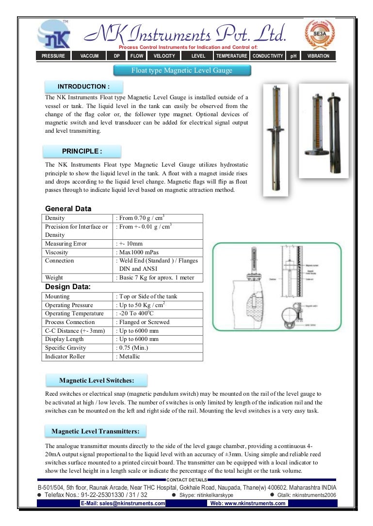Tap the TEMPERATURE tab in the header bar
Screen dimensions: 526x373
[231, 56]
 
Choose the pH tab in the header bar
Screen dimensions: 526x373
[293, 56]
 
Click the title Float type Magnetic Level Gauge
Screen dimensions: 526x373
[182, 71]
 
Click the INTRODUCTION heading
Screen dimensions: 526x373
[83, 87]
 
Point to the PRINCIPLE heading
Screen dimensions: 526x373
[82, 151]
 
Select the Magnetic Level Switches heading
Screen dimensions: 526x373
[96, 381]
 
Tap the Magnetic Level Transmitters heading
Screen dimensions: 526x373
[96, 431]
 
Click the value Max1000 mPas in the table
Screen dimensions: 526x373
[139, 252]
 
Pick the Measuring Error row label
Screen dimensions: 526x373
[65, 244]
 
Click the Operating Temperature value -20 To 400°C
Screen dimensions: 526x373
[137, 313]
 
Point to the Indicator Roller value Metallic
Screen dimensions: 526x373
[130, 356]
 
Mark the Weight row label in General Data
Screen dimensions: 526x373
[54, 278]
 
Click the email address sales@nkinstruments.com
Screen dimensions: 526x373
[123, 504]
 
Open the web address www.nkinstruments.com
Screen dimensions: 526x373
[247, 504]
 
